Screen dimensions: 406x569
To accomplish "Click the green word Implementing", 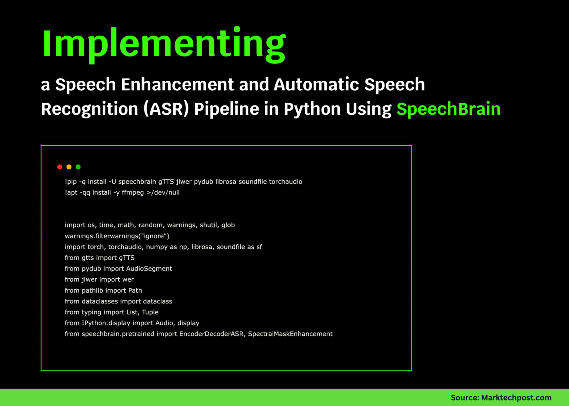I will (x=164, y=44).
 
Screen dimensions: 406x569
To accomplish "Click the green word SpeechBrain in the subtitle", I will (x=448, y=109).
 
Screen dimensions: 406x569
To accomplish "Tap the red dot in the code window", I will (x=60, y=167).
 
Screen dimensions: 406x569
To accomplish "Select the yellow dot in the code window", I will (x=69, y=167).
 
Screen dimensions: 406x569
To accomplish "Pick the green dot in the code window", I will (x=78, y=167).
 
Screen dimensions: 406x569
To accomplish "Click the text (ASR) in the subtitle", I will (x=166, y=109).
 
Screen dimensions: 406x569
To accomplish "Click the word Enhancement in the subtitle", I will (x=177, y=85).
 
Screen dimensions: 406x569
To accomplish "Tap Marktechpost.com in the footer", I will (x=516, y=397).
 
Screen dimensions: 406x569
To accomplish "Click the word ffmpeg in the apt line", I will (x=133, y=192).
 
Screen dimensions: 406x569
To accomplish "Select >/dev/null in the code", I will (x=163, y=192).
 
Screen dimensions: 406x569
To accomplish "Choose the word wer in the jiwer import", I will (x=128, y=279).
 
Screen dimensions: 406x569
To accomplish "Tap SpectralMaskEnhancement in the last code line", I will (x=290, y=334).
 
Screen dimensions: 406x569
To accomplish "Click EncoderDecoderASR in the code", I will (x=212, y=334).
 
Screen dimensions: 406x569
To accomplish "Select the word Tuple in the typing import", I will (x=150, y=312).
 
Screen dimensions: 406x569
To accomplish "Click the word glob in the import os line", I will (x=228, y=225).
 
